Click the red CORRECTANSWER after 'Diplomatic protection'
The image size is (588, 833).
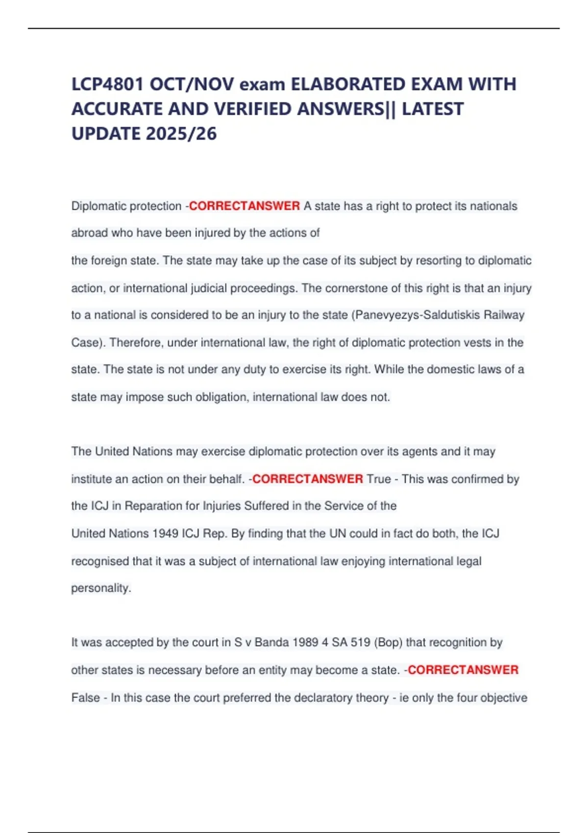click(245, 206)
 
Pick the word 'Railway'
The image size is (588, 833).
click(504, 315)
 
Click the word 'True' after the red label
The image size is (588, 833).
click(379, 479)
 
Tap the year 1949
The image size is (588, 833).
click(165, 533)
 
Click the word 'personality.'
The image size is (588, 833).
click(101, 588)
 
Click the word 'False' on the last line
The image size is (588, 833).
click(86, 697)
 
